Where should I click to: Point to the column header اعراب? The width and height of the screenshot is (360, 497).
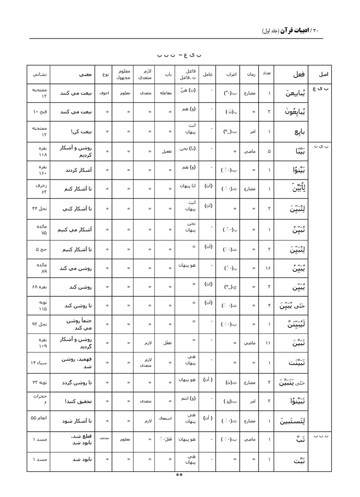pos(231,74)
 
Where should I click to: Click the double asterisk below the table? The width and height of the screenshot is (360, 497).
pos(179,475)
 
